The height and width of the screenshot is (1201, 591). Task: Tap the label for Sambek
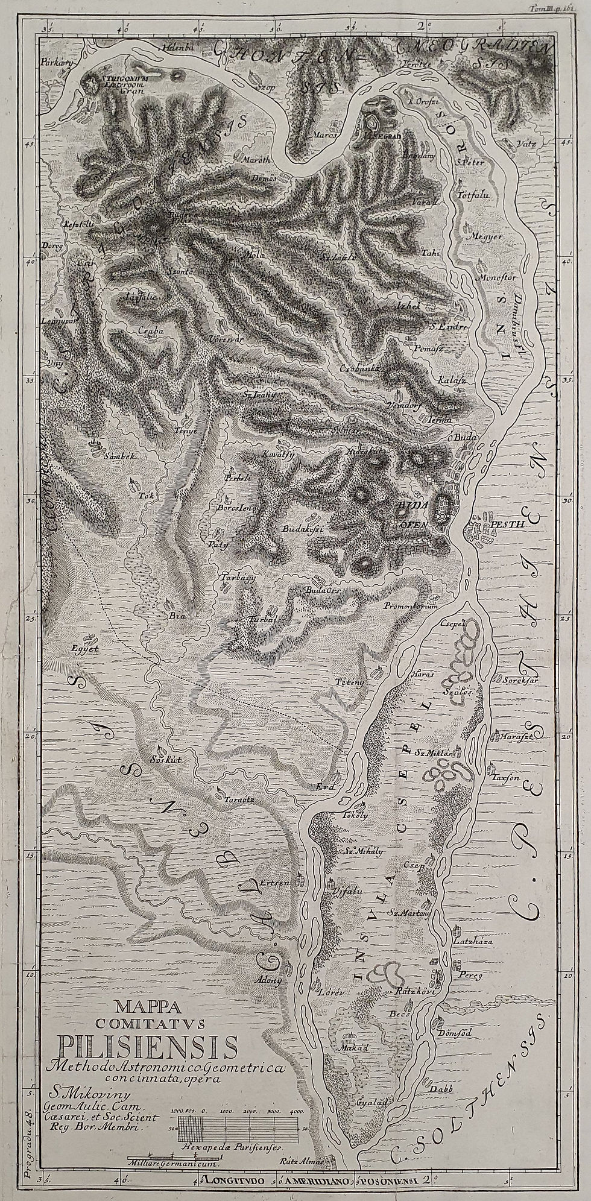tap(105, 457)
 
